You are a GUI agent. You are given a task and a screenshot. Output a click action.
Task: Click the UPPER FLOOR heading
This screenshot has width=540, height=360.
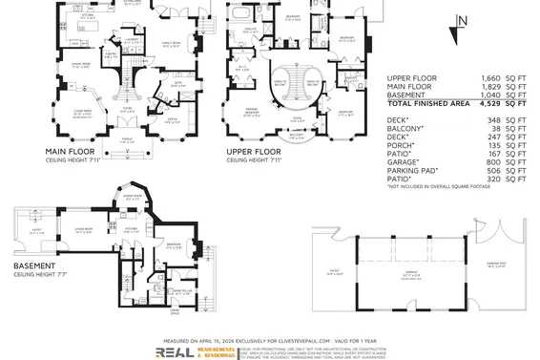pyautogui.click(x=254, y=151)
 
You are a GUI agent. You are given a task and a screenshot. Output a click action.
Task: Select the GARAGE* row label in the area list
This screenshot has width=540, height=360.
pyautogui.click(x=405, y=162)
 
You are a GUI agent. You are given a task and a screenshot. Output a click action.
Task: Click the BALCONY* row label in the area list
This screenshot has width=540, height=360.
pyautogui.click(x=406, y=128)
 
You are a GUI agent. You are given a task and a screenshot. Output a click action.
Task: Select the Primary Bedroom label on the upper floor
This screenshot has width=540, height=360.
pyautogui.click(x=255, y=111)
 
